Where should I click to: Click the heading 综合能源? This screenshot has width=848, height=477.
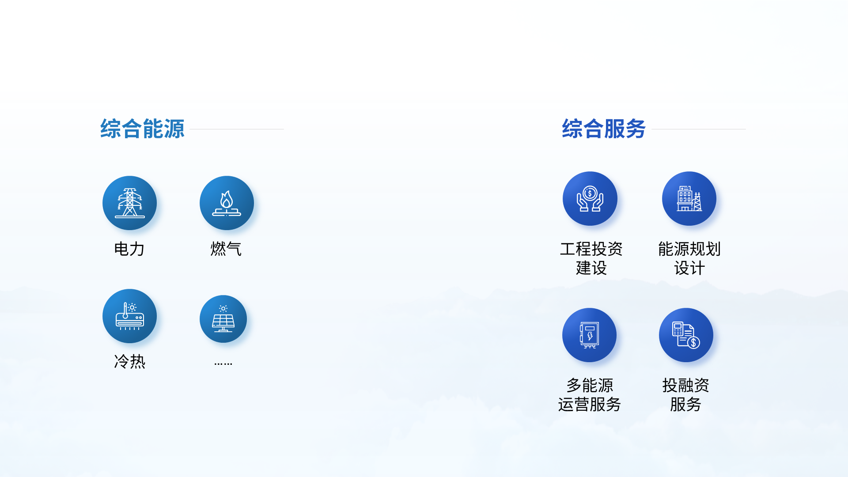[142, 129]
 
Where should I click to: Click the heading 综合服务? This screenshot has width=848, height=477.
[604, 129]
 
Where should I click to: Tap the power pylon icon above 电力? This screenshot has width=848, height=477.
[129, 203]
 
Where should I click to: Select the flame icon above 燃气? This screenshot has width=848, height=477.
[227, 203]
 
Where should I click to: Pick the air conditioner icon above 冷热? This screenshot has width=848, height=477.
[129, 316]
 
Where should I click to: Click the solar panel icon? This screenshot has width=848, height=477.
[223, 319]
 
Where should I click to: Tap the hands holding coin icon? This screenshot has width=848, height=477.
[590, 199]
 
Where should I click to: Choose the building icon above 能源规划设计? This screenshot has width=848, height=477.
[689, 199]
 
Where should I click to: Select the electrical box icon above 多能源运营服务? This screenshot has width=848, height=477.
[589, 335]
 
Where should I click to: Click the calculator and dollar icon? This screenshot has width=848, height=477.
[686, 335]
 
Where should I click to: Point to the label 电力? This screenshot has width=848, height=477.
[129, 249]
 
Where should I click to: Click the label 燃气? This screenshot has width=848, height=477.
[226, 249]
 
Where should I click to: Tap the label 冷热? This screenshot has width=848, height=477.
[129, 362]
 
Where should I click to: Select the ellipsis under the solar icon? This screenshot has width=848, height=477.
[223, 364]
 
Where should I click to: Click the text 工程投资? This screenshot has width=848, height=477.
[591, 249]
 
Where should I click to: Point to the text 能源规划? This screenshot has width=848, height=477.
[689, 249]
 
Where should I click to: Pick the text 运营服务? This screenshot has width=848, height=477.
[590, 405]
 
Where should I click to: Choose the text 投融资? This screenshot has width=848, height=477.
[686, 386]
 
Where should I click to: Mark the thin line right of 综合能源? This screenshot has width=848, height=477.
[237, 129]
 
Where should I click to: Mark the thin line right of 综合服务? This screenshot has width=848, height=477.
[699, 129]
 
